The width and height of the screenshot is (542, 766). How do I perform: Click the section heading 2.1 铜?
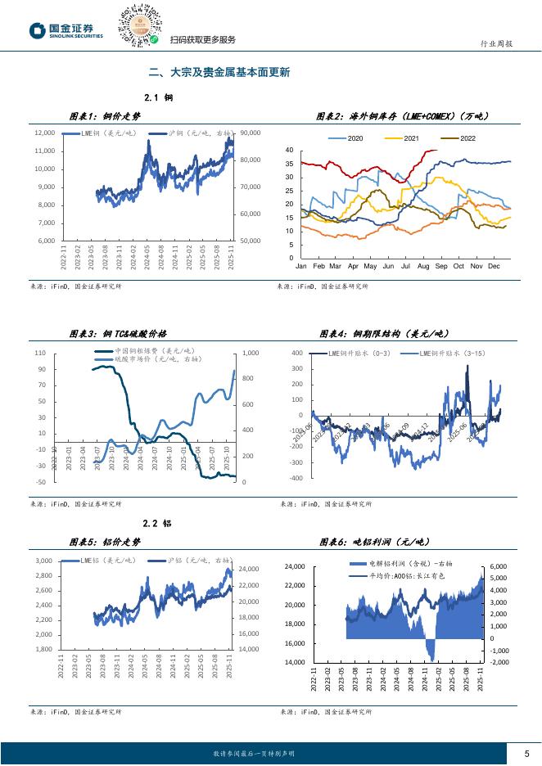157,97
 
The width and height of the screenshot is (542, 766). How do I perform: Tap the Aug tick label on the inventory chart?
422,267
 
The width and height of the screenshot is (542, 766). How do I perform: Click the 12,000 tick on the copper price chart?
44,133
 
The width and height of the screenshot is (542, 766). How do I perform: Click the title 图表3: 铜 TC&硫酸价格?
118,334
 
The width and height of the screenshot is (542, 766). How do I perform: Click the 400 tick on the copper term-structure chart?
296,353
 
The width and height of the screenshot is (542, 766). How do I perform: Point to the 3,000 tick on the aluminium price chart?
44,561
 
